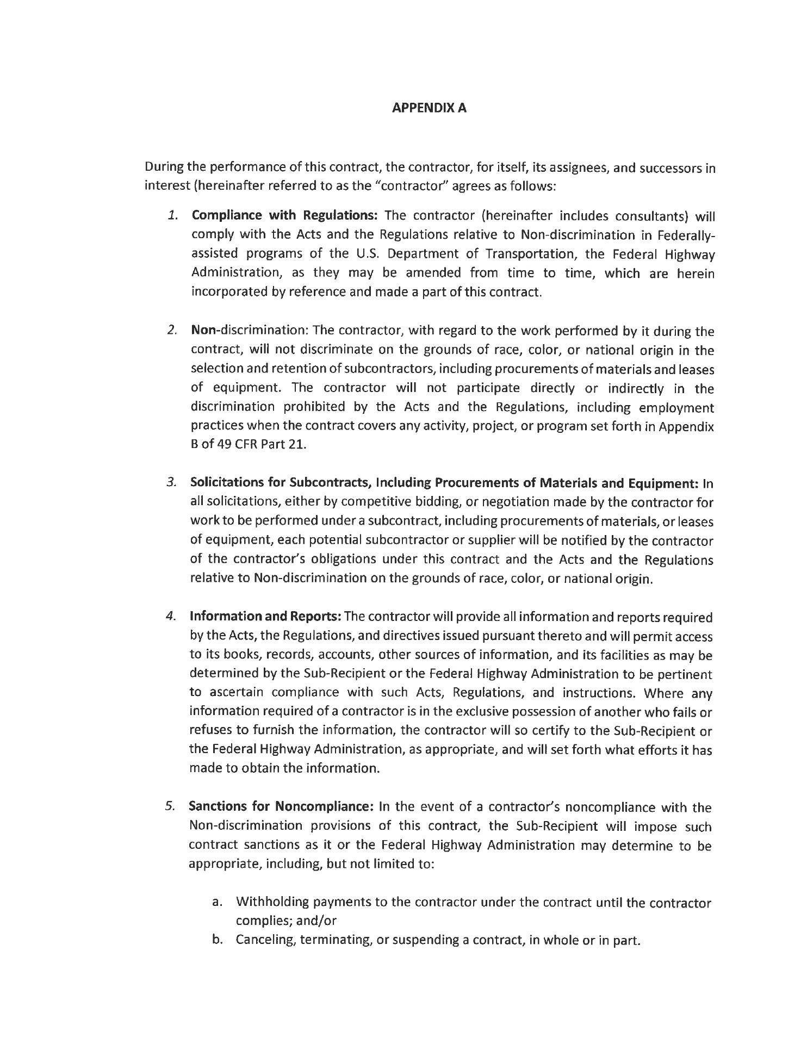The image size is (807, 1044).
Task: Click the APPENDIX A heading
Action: tap(429, 108)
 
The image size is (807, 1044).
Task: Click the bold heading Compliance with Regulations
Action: tap(284, 215)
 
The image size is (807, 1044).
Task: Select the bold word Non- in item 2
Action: tap(204, 331)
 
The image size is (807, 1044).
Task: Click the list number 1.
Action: tap(173, 215)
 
